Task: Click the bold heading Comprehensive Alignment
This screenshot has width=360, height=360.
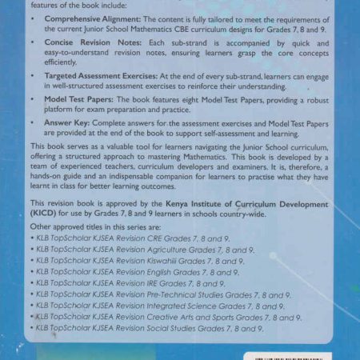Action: (x=89, y=18)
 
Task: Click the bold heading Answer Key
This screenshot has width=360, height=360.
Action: (x=65, y=124)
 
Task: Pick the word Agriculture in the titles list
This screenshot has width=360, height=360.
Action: (x=174, y=250)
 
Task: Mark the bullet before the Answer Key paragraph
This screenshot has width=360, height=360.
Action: (x=34, y=125)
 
